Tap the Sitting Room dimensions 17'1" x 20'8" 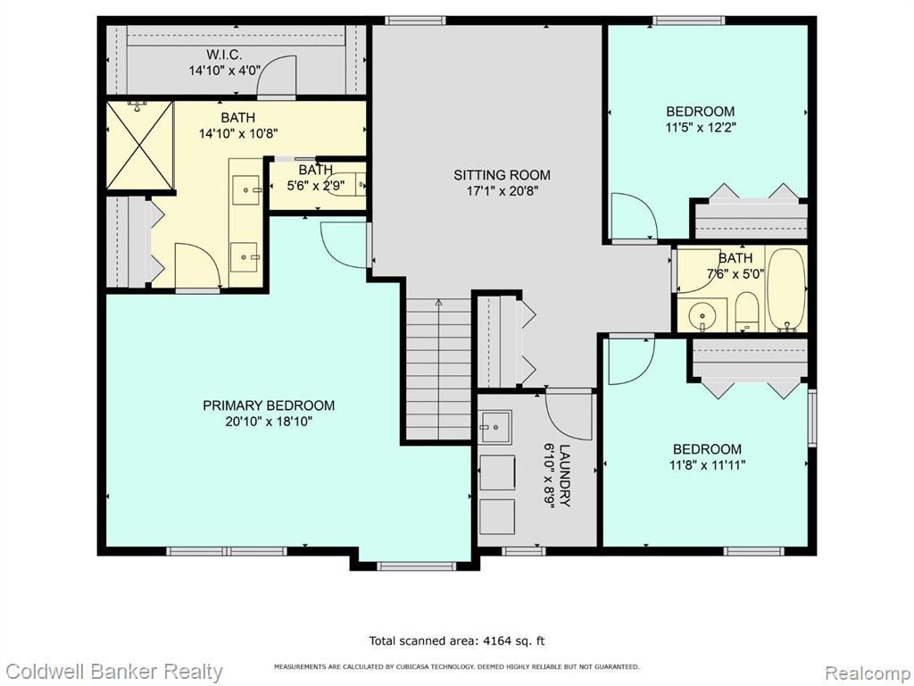click(502, 191)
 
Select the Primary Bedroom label click(269, 406)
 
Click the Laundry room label click(565, 476)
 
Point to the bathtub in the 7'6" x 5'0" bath click(786, 290)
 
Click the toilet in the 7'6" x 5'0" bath click(746, 312)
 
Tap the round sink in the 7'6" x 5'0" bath click(702, 318)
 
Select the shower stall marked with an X click(140, 146)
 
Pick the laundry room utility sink click(495, 428)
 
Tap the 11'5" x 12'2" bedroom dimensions click(702, 127)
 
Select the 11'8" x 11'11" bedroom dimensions click(708, 464)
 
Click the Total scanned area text click(457, 641)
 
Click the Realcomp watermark click(868, 673)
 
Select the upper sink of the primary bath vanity click(246, 189)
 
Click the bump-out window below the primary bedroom click(416, 565)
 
